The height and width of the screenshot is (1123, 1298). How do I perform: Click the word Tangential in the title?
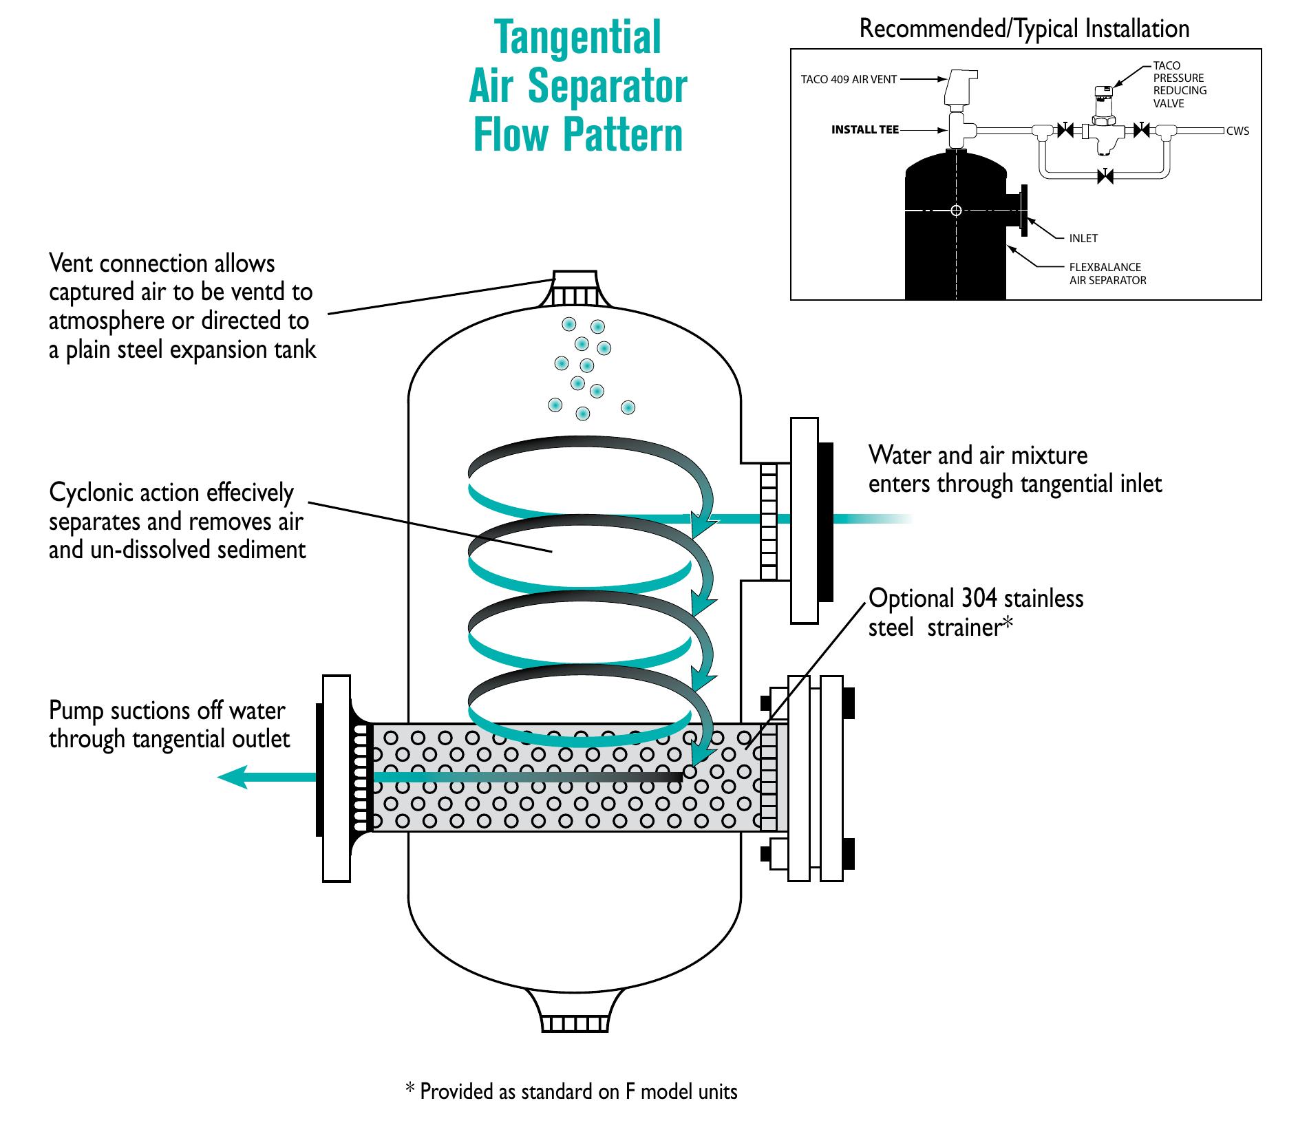[578, 38]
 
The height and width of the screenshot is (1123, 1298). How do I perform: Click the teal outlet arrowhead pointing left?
[234, 778]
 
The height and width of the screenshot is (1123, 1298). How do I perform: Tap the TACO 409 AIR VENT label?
[849, 79]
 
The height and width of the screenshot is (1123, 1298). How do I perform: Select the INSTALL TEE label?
[864, 129]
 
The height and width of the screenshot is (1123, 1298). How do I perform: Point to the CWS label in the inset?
[1237, 131]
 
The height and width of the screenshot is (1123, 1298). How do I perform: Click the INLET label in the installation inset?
[1083, 238]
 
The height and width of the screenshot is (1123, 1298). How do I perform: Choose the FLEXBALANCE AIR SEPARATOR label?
[1107, 273]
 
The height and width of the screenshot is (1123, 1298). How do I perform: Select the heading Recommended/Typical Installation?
[1024, 29]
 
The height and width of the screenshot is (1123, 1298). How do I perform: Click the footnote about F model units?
[571, 1091]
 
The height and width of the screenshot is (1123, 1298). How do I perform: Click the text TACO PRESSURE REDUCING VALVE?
[1180, 85]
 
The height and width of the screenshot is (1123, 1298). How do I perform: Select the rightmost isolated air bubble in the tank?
[628, 407]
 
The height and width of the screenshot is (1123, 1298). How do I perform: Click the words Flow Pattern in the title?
[578, 136]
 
